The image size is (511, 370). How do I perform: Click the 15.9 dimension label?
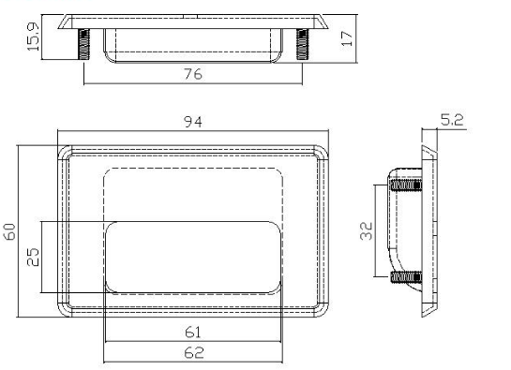(33, 37)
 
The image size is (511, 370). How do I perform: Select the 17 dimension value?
(347, 38)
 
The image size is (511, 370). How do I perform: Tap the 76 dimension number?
(193, 74)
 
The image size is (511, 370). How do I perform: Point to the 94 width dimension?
(193, 122)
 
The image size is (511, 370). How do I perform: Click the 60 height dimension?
(10, 231)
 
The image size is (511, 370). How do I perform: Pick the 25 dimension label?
(33, 258)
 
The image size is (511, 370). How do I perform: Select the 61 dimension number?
(193, 333)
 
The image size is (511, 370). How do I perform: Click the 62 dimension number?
(194, 353)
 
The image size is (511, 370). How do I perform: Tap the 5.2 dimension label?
(452, 120)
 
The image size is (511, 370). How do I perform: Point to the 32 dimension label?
(367, 231)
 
